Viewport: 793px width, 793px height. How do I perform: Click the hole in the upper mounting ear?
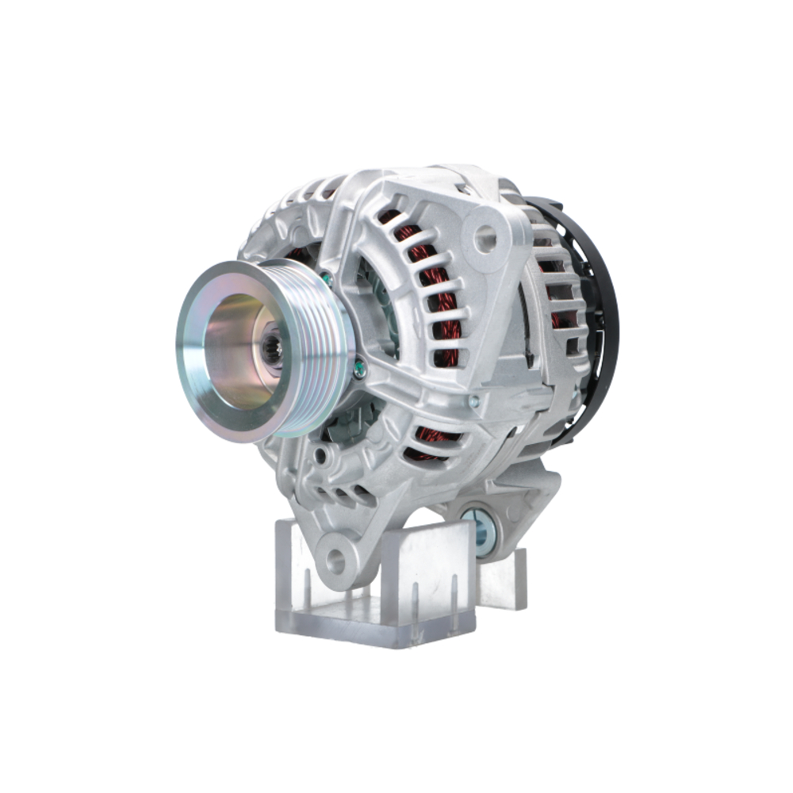485,236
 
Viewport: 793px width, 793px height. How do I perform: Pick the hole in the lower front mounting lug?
335,561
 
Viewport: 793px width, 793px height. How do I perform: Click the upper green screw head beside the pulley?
326,279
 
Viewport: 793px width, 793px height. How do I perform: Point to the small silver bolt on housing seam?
473,401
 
